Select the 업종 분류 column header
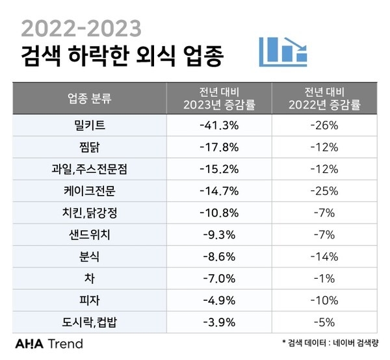(90, 99)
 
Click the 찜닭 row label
(90, 147)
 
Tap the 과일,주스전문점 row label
(90, 169)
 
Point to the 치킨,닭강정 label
(90, 212)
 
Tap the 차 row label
(90, 278)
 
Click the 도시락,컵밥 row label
(90, 322)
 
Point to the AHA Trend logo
(49, 343)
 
